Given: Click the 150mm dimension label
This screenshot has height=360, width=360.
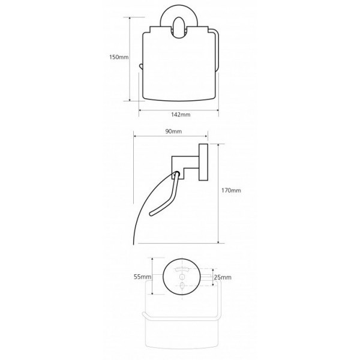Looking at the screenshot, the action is coord(119,57).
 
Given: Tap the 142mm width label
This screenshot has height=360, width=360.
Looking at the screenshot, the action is coord(181,115).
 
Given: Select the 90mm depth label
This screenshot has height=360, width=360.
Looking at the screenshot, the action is coord(173,131).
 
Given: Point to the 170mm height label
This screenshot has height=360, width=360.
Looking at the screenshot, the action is coord(231,190).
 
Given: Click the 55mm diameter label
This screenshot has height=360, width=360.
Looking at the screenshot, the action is coord(142,277).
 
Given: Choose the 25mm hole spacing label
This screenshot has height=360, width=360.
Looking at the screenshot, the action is coord(223,277).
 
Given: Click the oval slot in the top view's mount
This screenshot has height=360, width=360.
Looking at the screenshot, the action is coord(178,28).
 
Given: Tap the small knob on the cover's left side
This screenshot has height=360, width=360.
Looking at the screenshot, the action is coord(140,67).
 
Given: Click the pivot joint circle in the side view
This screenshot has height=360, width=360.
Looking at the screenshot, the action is coord(177,174).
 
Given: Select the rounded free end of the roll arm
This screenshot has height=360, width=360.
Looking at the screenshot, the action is coord(151,214).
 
